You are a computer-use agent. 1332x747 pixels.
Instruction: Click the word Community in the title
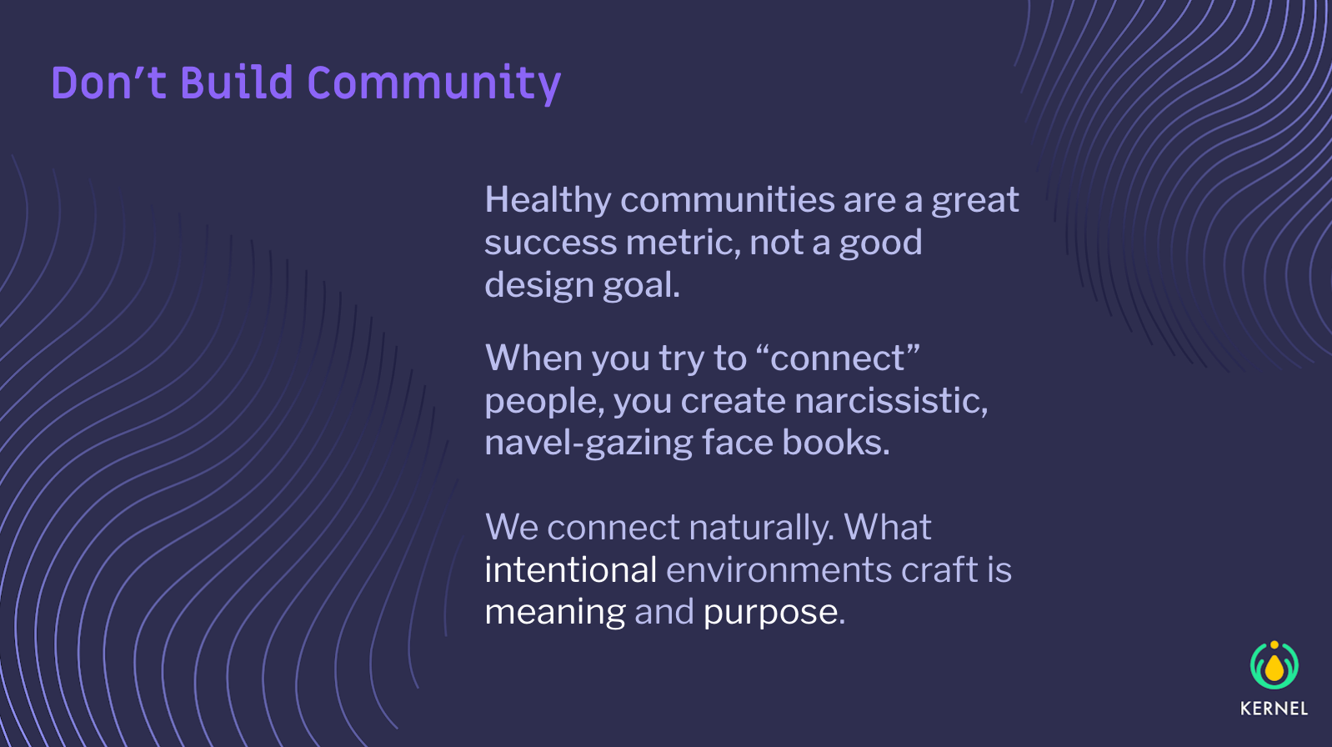tap(434, 84)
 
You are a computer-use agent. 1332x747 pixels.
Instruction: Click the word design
tap(538, 286)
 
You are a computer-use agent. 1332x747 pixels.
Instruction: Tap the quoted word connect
tap(837, 358)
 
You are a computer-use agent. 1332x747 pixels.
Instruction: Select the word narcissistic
tap(891, 401)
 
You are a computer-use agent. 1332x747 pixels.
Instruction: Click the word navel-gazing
tap(588, 444)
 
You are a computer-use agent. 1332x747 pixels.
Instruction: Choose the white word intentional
tap(571, 569)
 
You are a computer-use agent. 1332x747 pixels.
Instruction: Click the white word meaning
tap(555, 613)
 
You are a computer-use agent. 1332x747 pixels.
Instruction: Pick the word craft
tap(939, 569)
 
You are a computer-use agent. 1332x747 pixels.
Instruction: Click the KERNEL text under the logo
tap(1274, 709)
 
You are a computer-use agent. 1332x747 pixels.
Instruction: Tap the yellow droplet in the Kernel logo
tap(1274, 667)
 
